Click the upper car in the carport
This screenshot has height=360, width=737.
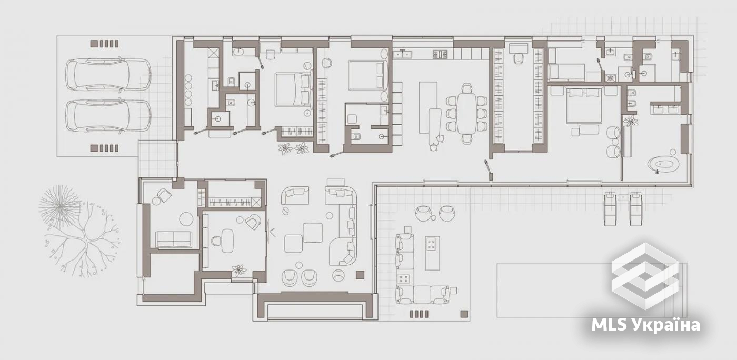tap(108, 75)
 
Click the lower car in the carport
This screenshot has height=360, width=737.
tap(108, 116)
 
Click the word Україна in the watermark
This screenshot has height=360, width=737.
tap(666, 325)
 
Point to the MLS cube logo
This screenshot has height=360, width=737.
tap(645, 276)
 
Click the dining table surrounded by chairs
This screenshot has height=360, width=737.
tap(467, 113)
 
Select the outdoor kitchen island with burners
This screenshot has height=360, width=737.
tap(432, 253)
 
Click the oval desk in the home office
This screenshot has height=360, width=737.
tap(227, 241)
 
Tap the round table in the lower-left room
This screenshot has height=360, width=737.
tap(186, 219)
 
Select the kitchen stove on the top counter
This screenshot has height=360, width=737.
tap(440, 54)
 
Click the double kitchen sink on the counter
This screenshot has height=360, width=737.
tap(404, 54)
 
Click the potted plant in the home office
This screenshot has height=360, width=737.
tap(239, 271)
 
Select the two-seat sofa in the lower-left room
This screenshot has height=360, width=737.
tap(174, 239)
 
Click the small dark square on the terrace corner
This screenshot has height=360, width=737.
tap(464, 314)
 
